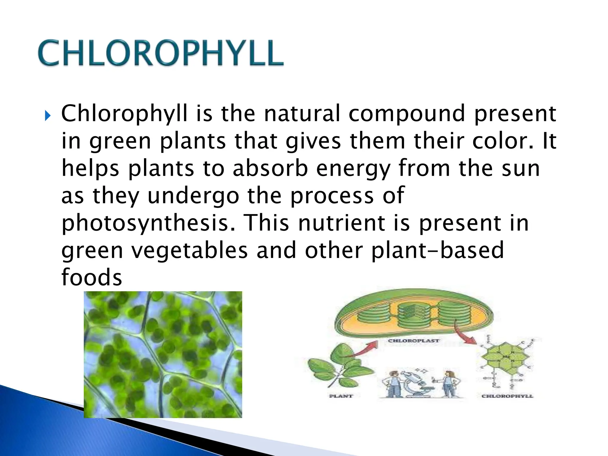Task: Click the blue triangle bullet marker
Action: [x=47, y=116]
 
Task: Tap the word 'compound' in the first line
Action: [x=406, y=114]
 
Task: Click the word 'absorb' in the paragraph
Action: [x=270, y=168]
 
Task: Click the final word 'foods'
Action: [x=91, y=277]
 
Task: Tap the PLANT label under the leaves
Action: [x=341, y=396]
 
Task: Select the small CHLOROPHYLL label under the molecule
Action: [x=507, y=396]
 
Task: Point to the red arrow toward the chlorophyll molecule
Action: [x=465, y=335]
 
